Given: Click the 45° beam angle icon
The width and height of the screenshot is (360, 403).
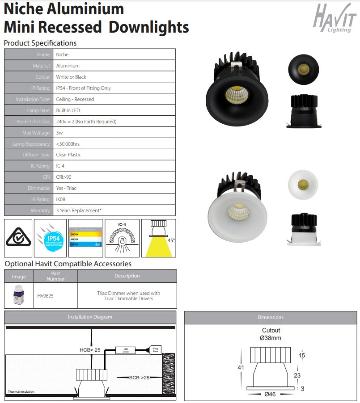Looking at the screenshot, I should pos(158,238).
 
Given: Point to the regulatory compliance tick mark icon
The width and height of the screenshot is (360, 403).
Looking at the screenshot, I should pos(18,238).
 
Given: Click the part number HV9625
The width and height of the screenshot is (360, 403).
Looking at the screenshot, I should pos(45,296).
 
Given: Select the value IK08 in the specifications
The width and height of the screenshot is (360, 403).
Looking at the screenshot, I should pos(61,199).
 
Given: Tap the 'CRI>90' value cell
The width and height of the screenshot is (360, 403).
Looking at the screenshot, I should pos(64,177).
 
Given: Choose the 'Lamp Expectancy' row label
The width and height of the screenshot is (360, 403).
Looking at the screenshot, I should pos(31,144).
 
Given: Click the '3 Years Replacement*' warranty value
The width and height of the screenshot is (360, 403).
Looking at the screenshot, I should pos(79,210).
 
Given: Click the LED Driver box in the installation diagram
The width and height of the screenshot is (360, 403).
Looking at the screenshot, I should pos(126,350).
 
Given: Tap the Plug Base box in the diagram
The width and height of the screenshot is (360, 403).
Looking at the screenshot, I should pos(156,350).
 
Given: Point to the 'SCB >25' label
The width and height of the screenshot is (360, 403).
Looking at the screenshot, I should pos(139,378).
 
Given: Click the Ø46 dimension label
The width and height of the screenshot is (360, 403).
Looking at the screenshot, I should pos(271,395).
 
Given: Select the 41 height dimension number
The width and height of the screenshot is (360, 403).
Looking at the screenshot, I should pos(241,368).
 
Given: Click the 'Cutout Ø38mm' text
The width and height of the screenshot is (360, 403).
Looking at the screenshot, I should pos(271,334).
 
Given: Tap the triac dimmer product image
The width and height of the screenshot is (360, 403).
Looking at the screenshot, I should pos(18,296).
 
